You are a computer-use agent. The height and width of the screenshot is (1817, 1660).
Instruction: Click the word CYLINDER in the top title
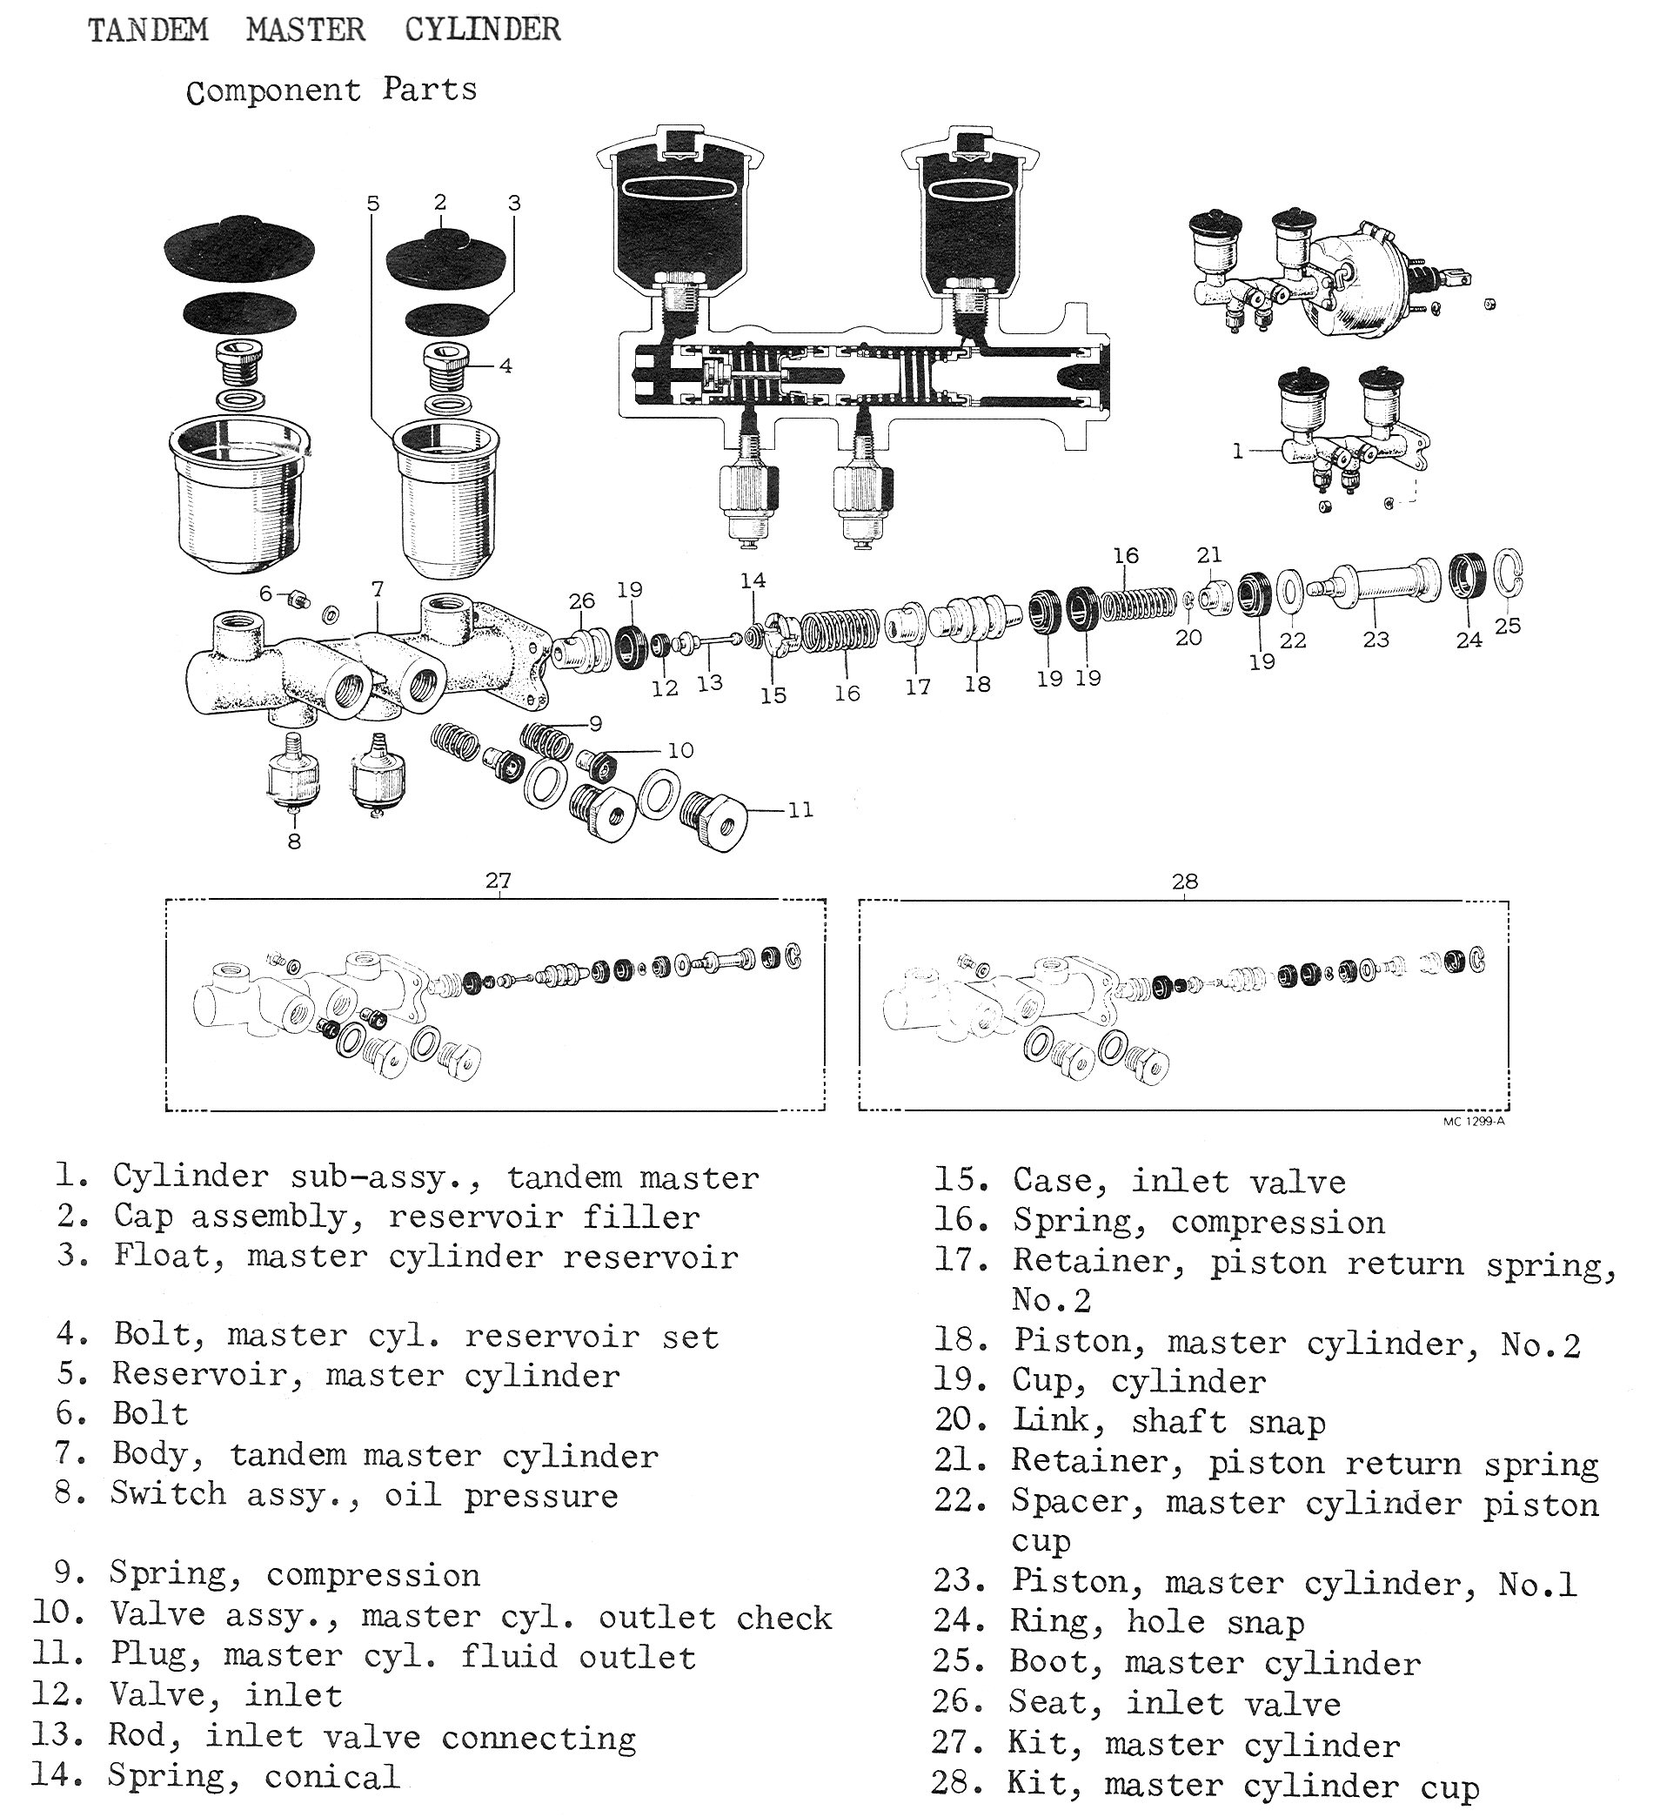[482, 30]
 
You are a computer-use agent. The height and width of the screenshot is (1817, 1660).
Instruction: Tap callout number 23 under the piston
[1376, 640]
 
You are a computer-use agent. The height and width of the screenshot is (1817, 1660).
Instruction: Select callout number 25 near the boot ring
[1507, 626]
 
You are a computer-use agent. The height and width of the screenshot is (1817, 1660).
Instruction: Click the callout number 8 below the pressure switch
[294, 841]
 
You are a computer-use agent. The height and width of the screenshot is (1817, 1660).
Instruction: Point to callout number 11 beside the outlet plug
[800, 810]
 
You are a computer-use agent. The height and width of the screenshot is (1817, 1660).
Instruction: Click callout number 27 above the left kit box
[499, 881]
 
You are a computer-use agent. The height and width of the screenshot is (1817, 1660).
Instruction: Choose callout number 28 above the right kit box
[1184, 882]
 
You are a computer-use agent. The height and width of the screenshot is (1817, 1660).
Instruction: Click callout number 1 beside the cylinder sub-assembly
[1238, 451]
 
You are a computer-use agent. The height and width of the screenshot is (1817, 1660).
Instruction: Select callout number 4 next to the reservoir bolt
[505, 365]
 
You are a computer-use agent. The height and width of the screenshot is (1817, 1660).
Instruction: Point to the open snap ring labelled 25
[1508, 573]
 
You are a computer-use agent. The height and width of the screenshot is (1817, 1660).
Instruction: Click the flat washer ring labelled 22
[1290, 591]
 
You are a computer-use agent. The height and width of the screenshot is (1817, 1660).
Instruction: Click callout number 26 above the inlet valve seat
[582, 600]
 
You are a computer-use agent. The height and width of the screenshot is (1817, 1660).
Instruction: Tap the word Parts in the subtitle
[429, 90]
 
